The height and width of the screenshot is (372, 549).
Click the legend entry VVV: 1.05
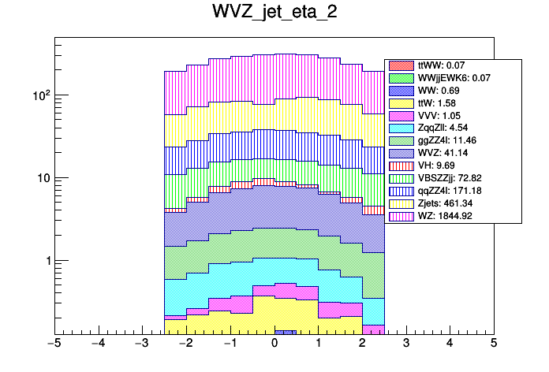click(x=443, y=116)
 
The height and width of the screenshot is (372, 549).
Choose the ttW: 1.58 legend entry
click(x=442, y=103)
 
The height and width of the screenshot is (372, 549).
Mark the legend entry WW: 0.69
click(x=442, y=91)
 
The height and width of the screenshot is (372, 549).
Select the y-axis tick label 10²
click(x=40, y=95)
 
